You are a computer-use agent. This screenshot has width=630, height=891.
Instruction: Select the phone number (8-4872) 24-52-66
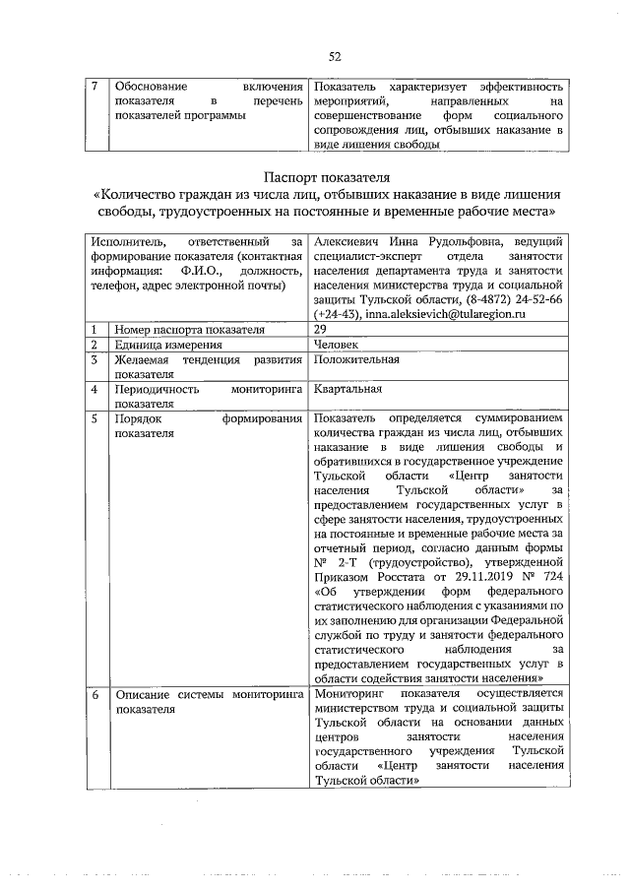coord(510,298)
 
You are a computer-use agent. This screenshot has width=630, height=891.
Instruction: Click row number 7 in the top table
coord(94,87)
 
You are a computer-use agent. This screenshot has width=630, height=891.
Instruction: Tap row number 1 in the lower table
coord(94,330)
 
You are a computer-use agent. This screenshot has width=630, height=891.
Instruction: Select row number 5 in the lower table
coord(94,418)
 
